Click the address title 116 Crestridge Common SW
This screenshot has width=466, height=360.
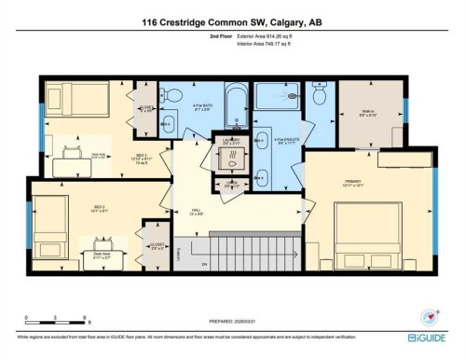(233, 21)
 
